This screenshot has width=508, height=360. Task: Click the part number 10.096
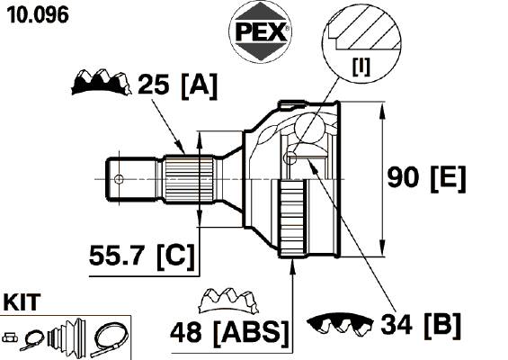pos(38,15)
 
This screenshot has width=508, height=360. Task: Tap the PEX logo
pos(261,31)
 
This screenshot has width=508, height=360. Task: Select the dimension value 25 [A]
pos(177,85)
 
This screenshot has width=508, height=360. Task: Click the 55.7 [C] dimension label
pos(142,256)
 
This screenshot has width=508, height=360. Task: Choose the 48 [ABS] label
pos(229,332)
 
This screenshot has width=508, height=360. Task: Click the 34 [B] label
pos(421,325)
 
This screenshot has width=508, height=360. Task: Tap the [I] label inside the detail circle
pos(361,67)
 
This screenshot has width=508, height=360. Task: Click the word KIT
pos(22,302)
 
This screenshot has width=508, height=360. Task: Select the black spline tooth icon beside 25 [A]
pos(101,82)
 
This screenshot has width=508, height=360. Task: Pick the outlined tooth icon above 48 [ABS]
pos(228,301)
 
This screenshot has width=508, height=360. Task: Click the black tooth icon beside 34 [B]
pos(340,324)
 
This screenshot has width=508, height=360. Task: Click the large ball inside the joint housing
pos(309,128)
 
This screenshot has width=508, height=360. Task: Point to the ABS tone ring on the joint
pos(292,219)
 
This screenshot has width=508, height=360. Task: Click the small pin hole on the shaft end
pos(119,179)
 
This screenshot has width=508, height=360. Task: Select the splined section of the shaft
pos(190,179)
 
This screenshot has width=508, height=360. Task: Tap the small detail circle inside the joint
pos(290,157)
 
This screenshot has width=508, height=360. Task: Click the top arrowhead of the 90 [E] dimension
pos(383,112)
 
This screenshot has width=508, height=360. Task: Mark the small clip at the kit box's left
pos(10,337)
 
